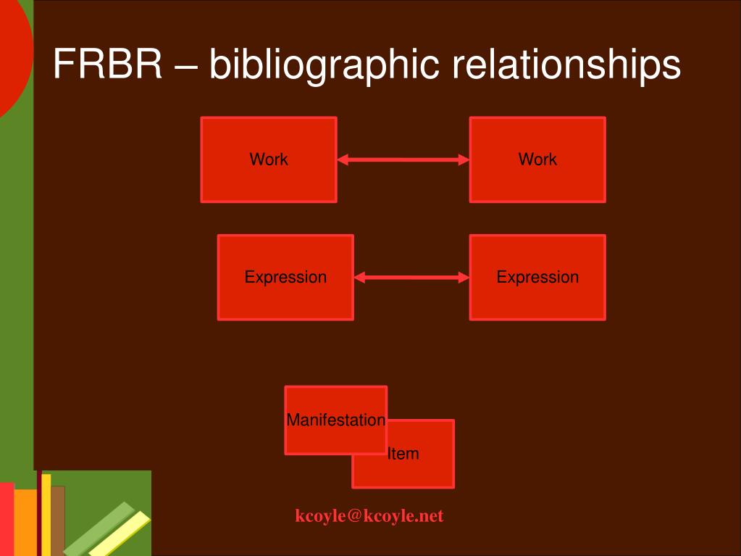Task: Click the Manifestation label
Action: [x=335, y=420]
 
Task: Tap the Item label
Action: [x=403, y=454]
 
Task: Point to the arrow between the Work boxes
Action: [x=403, y=159]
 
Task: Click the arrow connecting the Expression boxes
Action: [x=411, y=277]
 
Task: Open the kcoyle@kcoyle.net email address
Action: [x=369, y=516]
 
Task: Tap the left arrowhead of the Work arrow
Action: [x=343, y=159]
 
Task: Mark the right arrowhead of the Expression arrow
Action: [x=464, y=277]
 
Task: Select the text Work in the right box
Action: [x=537, y=159]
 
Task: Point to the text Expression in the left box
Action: [x=285, y=277]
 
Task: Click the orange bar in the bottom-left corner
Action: [x=25, y=522]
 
